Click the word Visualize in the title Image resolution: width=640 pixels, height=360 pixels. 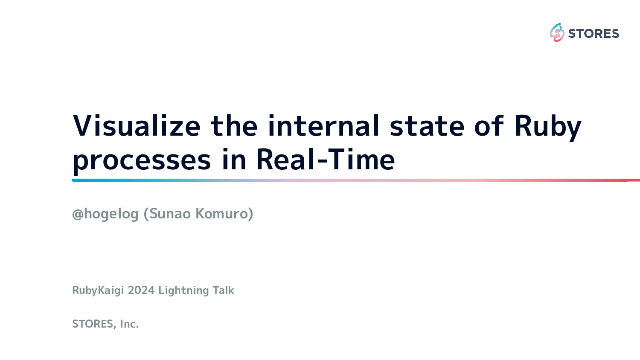137,126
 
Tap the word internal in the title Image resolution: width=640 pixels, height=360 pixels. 323,126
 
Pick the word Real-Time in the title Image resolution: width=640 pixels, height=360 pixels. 326,159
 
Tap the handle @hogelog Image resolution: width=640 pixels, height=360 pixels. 105,214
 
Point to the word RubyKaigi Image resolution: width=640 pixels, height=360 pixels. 98,290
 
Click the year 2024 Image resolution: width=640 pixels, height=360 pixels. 141,290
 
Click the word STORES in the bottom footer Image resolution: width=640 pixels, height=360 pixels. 94,324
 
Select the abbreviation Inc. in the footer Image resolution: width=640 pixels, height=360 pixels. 129,324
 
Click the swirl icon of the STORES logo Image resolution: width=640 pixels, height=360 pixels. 557,32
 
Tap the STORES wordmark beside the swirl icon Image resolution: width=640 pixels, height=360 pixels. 594,34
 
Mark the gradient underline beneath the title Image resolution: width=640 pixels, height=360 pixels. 356,180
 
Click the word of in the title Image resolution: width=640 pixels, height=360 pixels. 489,126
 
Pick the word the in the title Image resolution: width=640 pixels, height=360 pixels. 234,126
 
